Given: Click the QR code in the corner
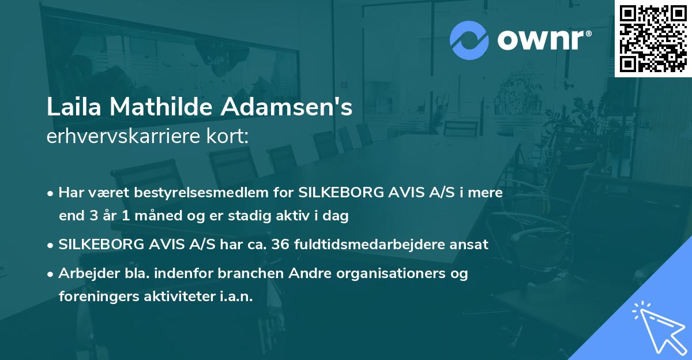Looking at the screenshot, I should pos(653,38).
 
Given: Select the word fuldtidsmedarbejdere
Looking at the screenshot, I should pos(373,244).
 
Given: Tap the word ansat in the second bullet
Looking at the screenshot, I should pos(471,244).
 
